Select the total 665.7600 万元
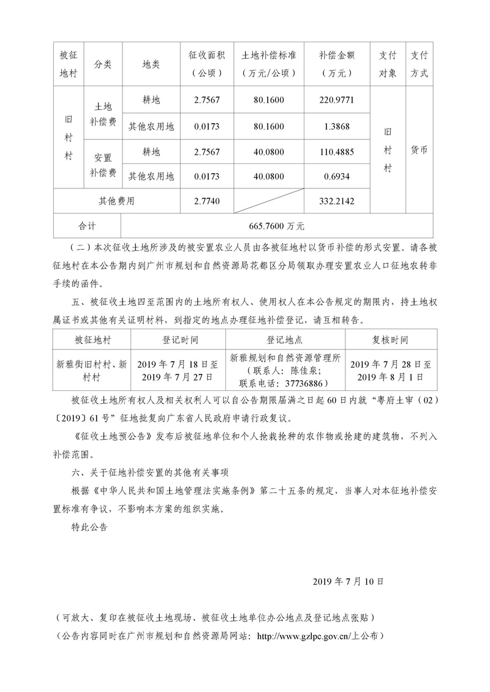[x=277, y=226]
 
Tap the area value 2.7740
[x=206, y=201]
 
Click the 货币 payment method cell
[x=419, y=150]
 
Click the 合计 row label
[x=87, y=226]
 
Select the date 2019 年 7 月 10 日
[x=348, y=579]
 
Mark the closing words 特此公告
[x=89, y=525]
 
